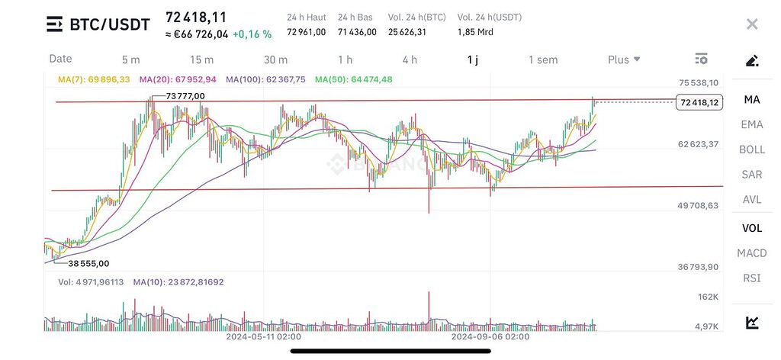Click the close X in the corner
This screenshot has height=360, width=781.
click(x=752, y=24)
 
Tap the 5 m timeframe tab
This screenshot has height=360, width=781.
click(x=131, y=59)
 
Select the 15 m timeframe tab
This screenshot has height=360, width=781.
click(x=201, y=59)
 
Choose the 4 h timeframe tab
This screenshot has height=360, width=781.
click(x=410, y=59)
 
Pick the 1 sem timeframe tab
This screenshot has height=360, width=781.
click(x=543, y=59)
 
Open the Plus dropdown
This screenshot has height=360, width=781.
click(x=624, y=59)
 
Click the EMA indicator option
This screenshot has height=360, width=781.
click(x=752, y=124)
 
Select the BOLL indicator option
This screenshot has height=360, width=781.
click(x=752, y=149)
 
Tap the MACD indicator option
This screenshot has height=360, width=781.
click(x=752, y=252)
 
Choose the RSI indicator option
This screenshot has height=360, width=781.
click(x=752, y=278)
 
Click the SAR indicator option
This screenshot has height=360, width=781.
click(x=752, y=175)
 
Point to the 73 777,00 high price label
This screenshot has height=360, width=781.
click(x=185, y=95)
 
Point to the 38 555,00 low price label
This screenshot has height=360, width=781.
click(x=88, y=263)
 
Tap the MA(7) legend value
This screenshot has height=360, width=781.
click(x=94, y=79)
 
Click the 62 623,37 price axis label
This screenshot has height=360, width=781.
click(x=699, y=144)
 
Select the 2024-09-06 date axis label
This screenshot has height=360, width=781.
click(x=490, y=336)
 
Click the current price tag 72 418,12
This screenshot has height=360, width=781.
click(x=698, y=102)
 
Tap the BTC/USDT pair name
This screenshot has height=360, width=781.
click(x=109, y=24)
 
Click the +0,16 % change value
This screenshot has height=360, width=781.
click(x=252, y=34)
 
